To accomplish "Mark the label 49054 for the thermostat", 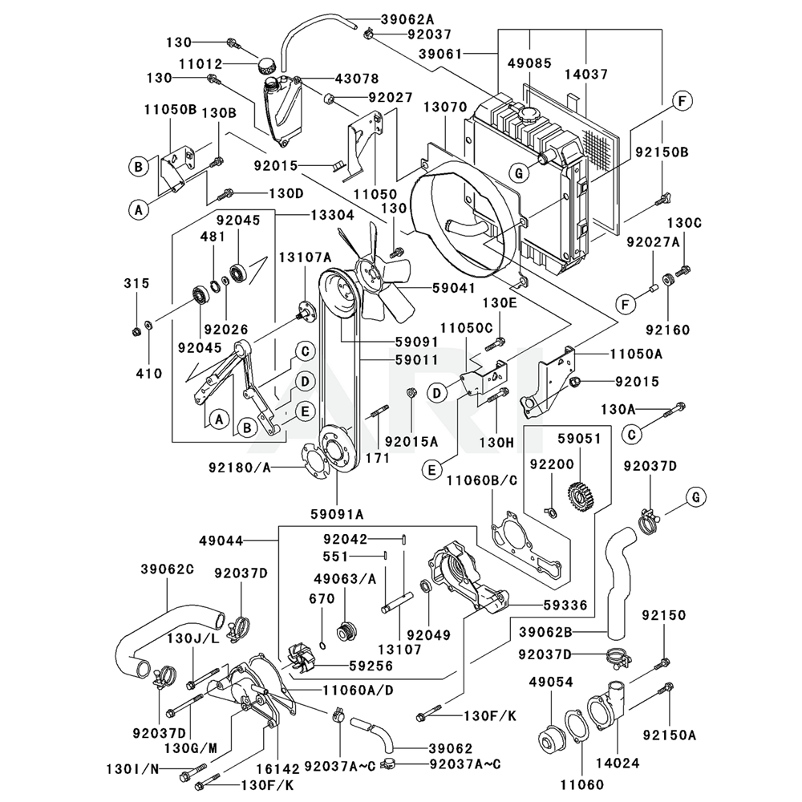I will pyautogui.click(x=551, y=682).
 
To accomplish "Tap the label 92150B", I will pyautogui.click(x=662, y=151).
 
